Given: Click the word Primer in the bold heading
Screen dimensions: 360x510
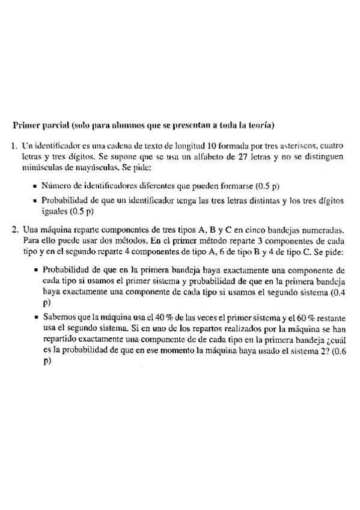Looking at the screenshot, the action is (26, 126).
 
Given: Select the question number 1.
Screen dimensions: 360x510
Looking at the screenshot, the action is (14, 146).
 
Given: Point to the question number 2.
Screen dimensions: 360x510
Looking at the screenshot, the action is (14, 229).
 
